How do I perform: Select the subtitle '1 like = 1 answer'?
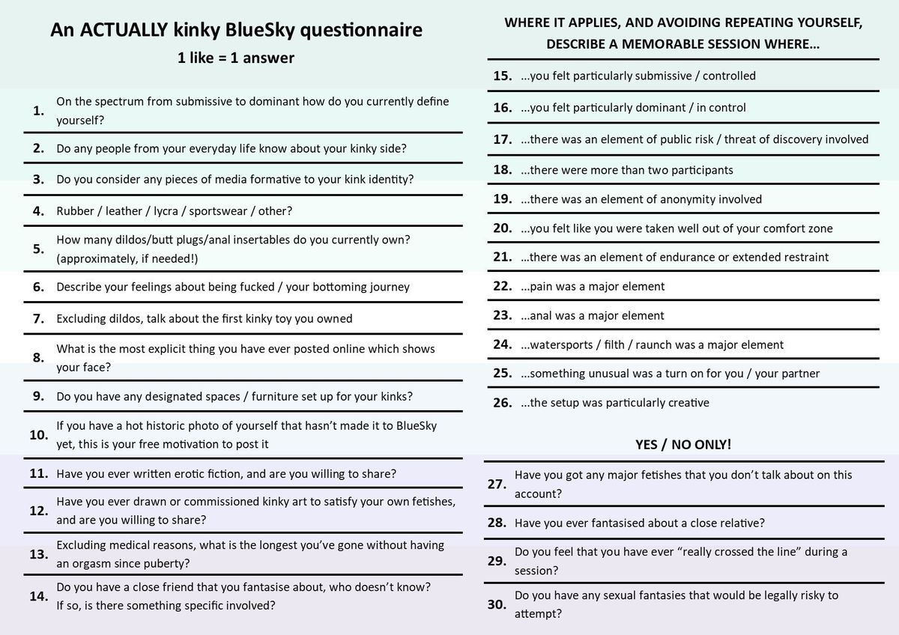[x=236, y=58]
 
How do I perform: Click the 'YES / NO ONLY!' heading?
[x=683, y=444]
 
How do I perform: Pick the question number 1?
[x=38, y=111]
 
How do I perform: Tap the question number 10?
[x=38, y=435]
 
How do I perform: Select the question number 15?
[x=502, y=76]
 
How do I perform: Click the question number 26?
[x=502, y=403]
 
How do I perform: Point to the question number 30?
[x=497, y=605]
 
